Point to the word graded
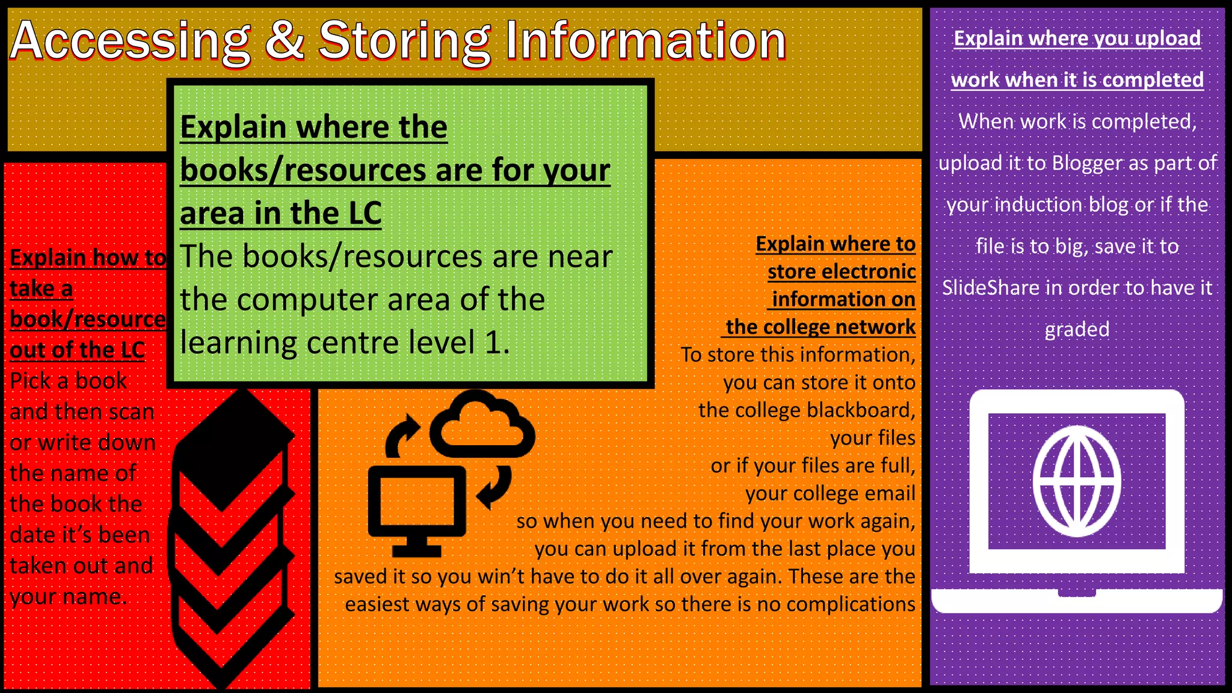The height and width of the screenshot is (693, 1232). pyautogui.click(x=1077, y=330)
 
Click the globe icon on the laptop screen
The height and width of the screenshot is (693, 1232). pyautogui.click(x=1077, y=481)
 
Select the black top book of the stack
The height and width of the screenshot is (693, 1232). pyautogui.click(x=235, y=448)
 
